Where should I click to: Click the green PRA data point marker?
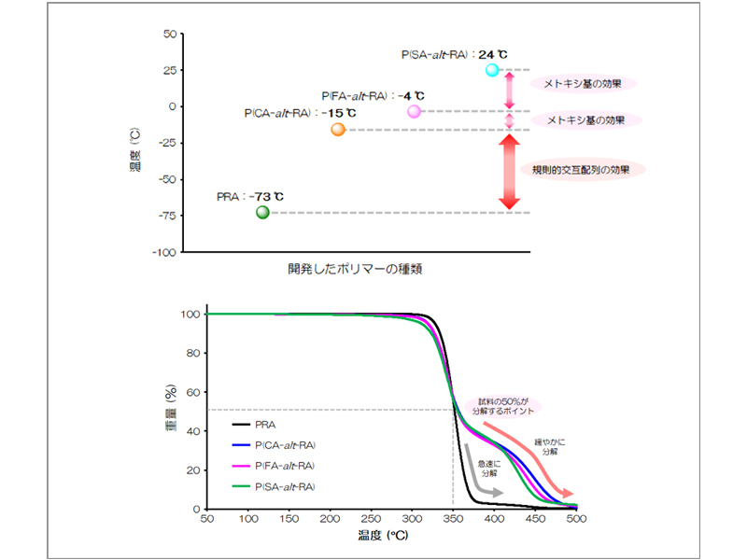262,212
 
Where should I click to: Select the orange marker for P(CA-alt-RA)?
337,130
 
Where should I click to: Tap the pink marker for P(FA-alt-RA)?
415,111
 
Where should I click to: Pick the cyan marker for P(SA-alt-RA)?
492,70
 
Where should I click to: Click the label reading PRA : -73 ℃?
249,197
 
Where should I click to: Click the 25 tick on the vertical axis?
169,70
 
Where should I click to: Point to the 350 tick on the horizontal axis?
453,519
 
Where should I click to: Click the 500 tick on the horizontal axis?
576,519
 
